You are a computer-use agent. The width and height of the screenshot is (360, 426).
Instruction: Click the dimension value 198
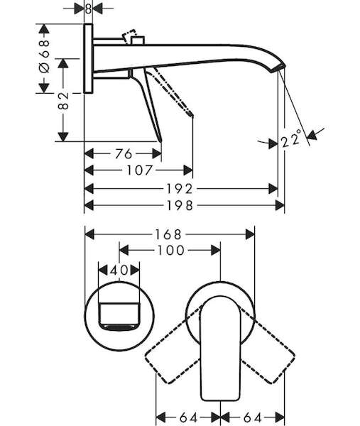(x=180, y=206)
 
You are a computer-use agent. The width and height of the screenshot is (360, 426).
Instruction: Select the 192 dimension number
(x=180, y=189)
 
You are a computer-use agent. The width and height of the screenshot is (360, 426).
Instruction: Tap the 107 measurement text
(x=140, y=170)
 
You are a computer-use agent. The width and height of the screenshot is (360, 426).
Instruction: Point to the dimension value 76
(x=124, y=154)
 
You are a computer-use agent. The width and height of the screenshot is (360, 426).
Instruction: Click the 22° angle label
(x=291, y=139)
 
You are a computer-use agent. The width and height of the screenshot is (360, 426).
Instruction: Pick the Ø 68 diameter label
(x=45, y=56)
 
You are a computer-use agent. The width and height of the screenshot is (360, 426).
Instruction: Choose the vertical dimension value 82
(x=63, y=101)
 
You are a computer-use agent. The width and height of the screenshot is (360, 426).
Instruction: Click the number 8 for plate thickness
(x=88, y=9)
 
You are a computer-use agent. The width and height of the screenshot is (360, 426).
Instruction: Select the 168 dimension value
(x=168, y=234)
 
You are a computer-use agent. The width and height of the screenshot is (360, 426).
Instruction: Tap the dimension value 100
(x=171, y=250)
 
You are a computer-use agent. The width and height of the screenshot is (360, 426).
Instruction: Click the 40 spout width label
(x=119, y=271)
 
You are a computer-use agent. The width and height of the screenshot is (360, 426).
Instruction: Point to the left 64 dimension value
(x=189, y=417)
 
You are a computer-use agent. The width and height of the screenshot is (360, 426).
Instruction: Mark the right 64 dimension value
(x=253, y=417)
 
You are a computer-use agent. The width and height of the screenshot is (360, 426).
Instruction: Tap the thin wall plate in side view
(x=88, y=59)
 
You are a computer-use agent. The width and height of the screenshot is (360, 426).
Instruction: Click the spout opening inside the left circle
(x=119, y=317)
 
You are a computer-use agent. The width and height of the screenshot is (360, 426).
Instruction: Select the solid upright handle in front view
(x=220, y=349)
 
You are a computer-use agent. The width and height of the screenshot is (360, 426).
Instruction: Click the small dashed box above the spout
(x=129, y=35)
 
